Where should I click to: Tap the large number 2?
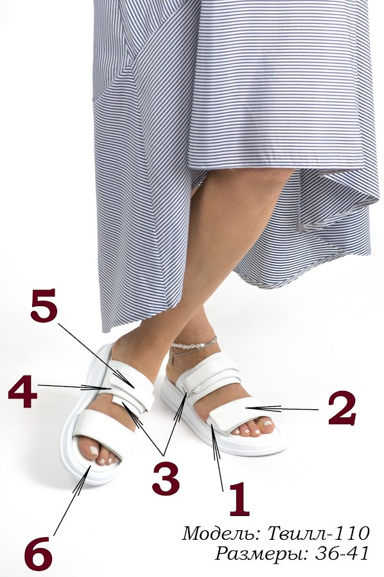pos(342,408)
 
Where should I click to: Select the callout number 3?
pos(166,479)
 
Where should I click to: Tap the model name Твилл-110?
pos(318,533)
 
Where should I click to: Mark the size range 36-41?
pos(342,553)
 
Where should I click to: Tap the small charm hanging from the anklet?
pos(172,359)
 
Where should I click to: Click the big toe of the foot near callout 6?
pos(92,451)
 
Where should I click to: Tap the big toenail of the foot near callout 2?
pos(268,424)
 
